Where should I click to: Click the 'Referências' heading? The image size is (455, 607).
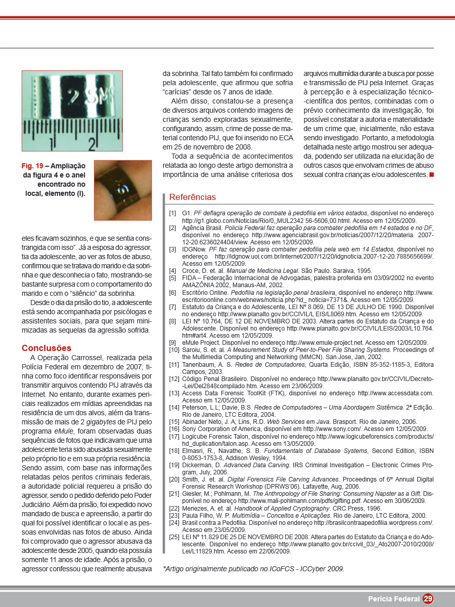point(192,197)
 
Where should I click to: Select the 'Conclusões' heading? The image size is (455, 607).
point(46,348)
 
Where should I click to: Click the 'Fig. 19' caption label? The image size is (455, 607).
point(32,166)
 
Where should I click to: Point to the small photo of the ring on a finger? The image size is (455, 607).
point(123,190)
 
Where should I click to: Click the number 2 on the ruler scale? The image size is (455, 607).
point(92,144)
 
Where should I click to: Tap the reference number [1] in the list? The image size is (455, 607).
point(173,213)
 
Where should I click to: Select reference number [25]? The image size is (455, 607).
point(174,537)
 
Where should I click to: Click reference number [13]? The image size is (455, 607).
point(174,393)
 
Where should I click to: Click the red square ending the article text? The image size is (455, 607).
point(432,175)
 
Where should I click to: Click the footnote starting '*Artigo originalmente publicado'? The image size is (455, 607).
point(253,568)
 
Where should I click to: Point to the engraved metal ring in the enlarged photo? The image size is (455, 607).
point(71,97)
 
